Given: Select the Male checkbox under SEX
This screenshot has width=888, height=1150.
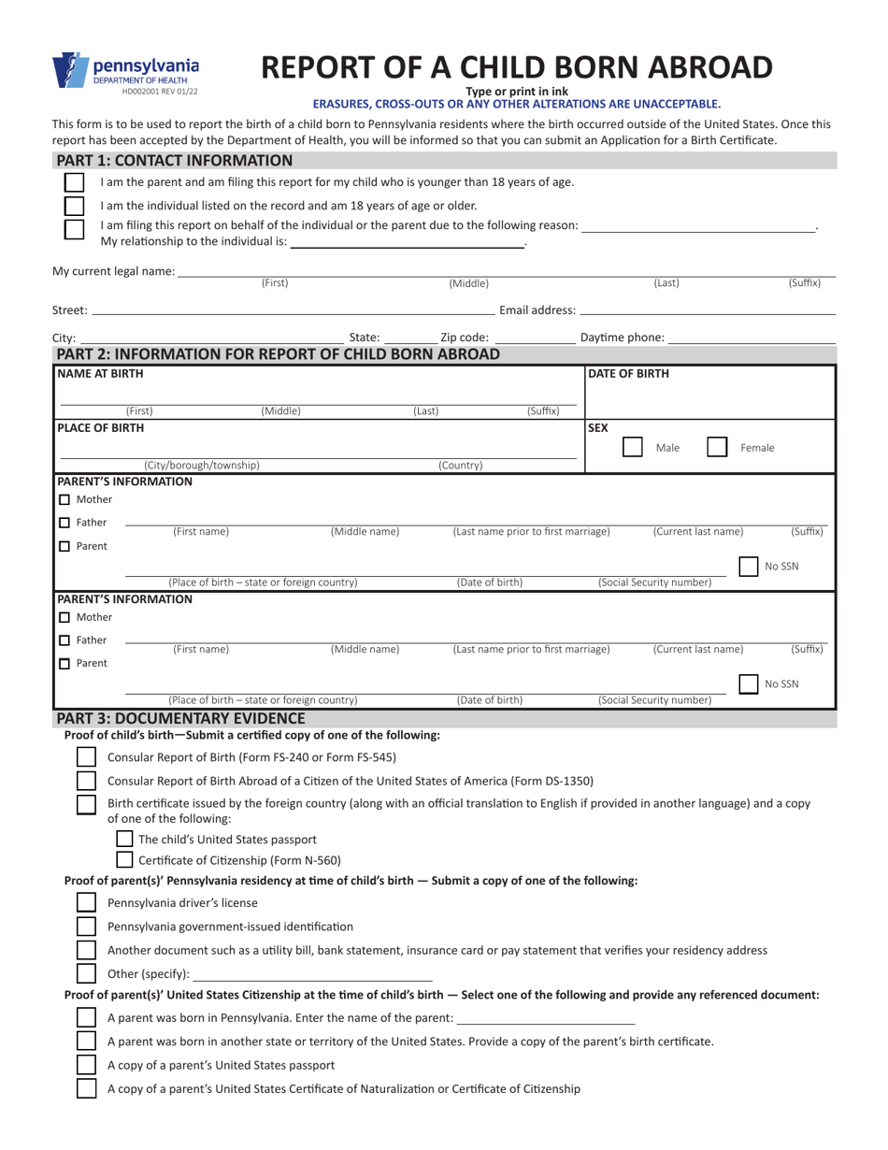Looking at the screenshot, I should coord(633,447).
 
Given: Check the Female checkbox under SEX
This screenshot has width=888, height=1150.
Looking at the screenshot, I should coord(717,447).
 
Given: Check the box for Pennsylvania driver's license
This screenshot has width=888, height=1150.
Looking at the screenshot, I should coord(85,902).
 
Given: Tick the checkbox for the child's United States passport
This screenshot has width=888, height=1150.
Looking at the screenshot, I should coord(124,839).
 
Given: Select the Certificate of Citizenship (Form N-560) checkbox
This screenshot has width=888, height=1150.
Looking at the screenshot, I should coord(124,860).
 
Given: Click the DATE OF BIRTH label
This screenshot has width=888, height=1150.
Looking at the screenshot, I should coord(628,374).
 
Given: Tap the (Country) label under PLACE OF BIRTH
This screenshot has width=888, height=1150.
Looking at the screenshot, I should coord(460,465).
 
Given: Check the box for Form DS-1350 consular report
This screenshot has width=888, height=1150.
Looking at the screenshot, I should coord(85,781).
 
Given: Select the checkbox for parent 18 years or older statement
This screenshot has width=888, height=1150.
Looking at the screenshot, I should coord(73,206).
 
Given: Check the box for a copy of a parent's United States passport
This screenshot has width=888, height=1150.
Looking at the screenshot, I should coord(85,1064).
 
